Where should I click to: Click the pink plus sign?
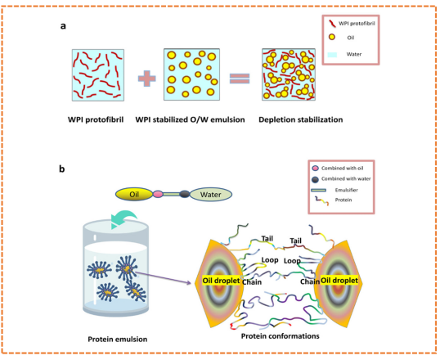coord(146,79)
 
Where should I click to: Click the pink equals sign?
coord(240,79)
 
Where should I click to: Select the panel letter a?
coord(63,26)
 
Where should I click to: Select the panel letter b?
coord(61,169)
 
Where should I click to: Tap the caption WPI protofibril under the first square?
coord(96,119)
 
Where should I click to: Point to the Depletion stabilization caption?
coord(301,119)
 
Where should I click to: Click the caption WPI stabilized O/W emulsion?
coord(190,119)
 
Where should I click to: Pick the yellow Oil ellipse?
coord(134,194)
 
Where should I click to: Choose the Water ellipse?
coord(211,195)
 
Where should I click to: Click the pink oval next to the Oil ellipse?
coord(158,194)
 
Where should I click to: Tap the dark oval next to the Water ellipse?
coord(184,194)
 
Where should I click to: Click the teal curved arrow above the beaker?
coord(123,219)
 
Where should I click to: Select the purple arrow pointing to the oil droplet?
coord(164,277)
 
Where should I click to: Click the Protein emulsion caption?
coord(118,340)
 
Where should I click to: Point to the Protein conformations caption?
coord(281,336)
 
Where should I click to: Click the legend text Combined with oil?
coord(343,169)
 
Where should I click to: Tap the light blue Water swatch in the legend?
coord(332,55)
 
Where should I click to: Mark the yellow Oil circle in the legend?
coord(332,37)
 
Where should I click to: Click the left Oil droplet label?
coord(222,281)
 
